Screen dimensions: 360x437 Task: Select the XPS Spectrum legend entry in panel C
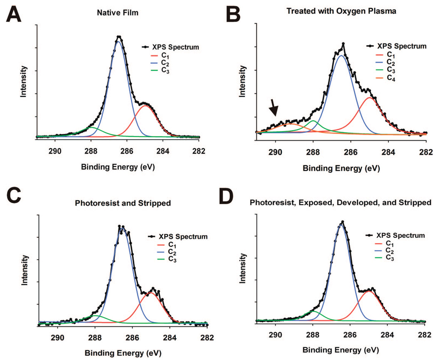tap(178, 236)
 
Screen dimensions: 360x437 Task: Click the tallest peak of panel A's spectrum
tap(119, 37)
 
